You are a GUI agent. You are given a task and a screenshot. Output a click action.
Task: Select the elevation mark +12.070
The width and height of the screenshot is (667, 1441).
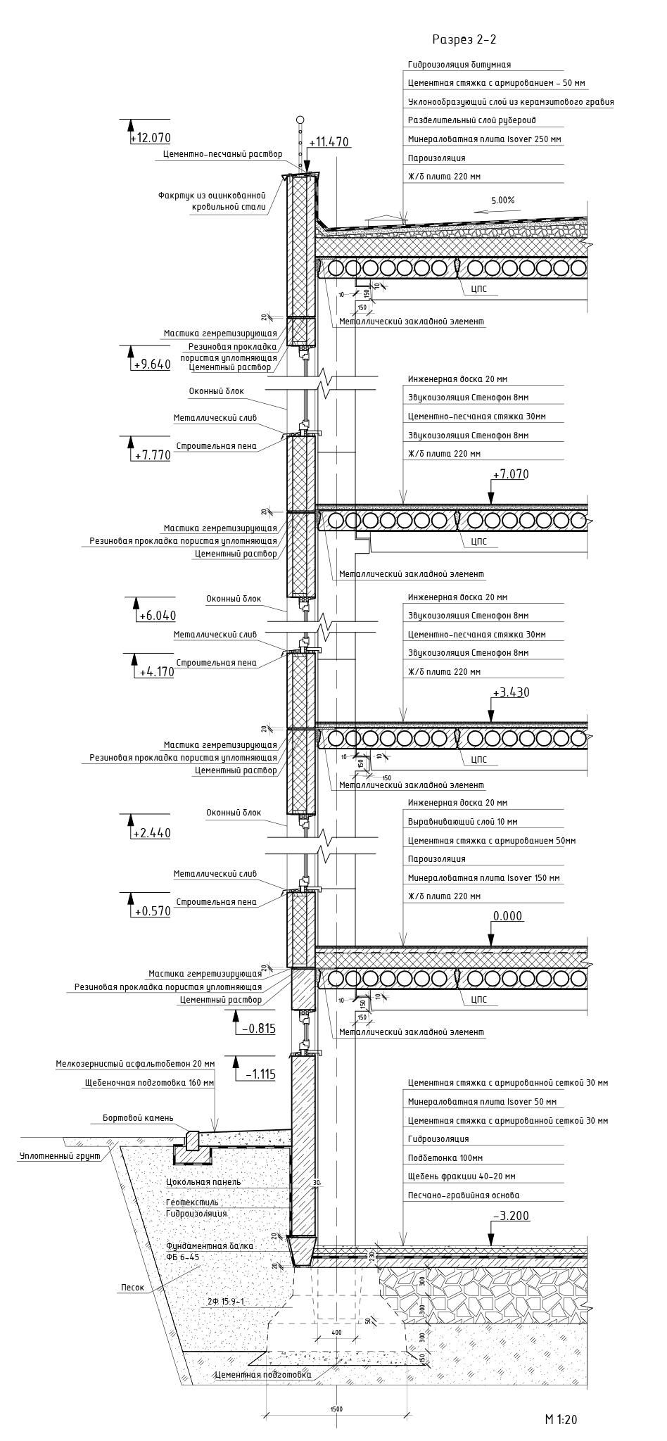(151, 138)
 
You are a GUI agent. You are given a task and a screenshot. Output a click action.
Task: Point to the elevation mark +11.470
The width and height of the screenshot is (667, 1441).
(329, 142)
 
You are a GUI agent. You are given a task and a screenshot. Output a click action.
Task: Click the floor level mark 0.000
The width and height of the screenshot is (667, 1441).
(508, 916)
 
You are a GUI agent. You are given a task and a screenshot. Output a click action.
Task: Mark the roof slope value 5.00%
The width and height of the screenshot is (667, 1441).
(503, 200)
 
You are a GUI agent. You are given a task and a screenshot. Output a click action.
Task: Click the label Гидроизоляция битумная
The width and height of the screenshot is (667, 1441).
(459, 65)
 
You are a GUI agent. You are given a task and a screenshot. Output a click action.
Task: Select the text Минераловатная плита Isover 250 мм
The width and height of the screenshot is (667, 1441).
(484, 139)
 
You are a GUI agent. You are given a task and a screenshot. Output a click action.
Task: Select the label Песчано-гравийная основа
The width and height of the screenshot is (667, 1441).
(463, 1195)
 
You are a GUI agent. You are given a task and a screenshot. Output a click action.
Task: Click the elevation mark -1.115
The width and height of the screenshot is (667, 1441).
(260, 1074)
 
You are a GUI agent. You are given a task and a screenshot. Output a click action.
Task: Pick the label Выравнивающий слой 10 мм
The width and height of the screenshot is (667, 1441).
(452, 822)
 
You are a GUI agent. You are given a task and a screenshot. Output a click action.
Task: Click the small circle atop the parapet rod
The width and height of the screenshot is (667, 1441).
(300, 120)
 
